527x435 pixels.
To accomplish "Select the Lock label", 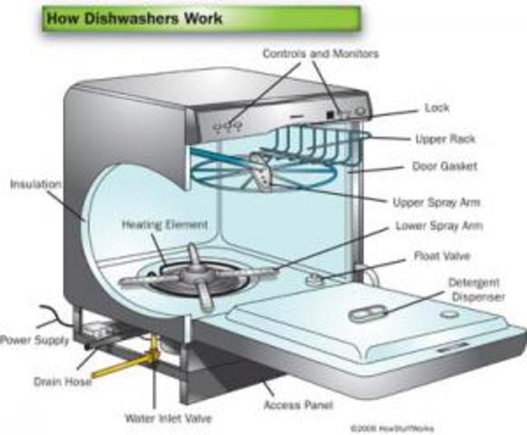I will click(436, 108).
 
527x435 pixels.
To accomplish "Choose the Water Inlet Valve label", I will click(159, 419).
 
